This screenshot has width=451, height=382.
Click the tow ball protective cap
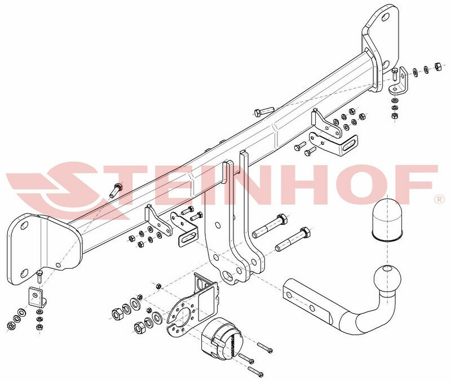coord(387,219)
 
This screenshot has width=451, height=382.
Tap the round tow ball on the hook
coord(387,278)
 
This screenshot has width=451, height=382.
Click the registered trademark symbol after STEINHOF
coord(439,199)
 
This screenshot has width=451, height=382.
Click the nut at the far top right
coord(437,66)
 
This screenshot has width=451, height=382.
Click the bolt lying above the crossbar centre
coord(264,111)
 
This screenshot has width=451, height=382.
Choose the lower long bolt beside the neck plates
coord(293,239)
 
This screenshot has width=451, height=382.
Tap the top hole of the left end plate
coord(24,226)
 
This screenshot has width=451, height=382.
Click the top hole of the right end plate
coord(385,17)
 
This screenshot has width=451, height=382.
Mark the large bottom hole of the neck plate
coord(228,276)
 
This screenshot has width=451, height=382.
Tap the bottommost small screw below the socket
coord(256,371)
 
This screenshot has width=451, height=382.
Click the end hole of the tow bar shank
coord(289,294)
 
